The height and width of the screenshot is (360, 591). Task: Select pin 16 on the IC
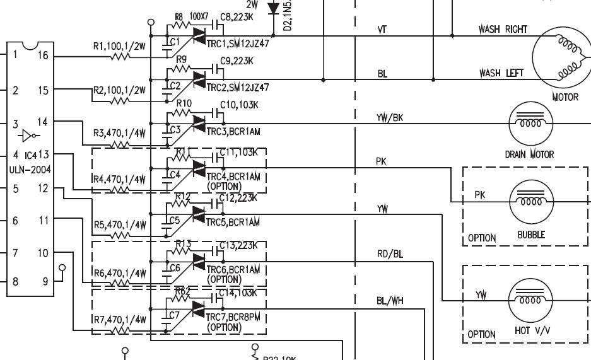tap(43, 55)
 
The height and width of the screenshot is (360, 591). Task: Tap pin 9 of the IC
tap(45, 282)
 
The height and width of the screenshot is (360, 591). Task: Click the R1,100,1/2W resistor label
tap(119, 46)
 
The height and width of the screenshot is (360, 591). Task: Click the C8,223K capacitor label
tap(238, 17)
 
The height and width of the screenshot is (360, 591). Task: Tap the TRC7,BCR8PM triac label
tap(233, 316)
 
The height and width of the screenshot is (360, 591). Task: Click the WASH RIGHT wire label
tap(503, 29)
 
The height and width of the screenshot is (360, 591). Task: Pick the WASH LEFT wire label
tap(501, 73)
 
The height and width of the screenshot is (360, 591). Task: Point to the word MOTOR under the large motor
tap(565, 98)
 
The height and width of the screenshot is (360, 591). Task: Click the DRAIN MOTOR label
tap(529, 154)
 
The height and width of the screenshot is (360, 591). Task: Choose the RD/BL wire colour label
tap(390, 254)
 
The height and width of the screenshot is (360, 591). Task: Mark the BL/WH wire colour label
tap(390, 301)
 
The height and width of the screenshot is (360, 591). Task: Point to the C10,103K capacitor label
tap(239, 105)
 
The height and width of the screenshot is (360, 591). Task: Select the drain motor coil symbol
tap(530, 121)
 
